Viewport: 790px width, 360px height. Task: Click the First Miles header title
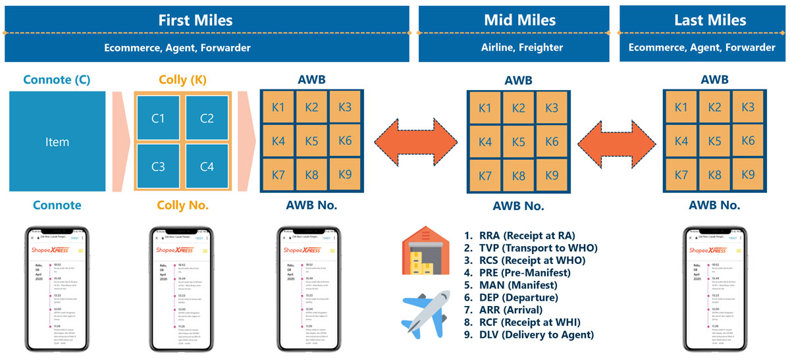(206, 20)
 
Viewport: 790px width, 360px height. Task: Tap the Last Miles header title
(702, 20)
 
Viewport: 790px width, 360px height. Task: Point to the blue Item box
(57, 141)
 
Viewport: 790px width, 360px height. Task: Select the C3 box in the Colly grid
(158, 167)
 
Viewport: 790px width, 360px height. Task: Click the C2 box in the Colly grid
(207, 118)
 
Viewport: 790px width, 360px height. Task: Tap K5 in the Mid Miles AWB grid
(519, 141)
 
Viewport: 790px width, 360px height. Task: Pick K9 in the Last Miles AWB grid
(747, 174)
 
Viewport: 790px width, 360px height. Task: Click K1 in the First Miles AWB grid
(278, 107)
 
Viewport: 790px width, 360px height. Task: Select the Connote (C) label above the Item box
(57, 80)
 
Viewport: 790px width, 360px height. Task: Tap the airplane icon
(427, 311)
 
